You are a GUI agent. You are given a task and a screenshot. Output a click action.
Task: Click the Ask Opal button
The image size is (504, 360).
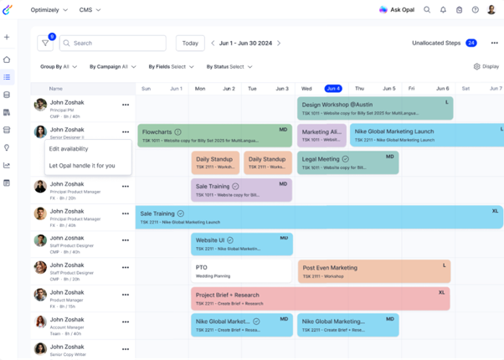397,10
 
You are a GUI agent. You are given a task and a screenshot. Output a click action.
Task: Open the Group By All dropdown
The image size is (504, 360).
59,67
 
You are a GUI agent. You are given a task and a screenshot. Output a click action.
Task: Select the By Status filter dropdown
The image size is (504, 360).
229,67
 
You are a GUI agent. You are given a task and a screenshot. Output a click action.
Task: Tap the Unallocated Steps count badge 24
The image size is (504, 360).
471,43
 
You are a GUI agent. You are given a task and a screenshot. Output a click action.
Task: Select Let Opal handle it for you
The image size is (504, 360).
82,166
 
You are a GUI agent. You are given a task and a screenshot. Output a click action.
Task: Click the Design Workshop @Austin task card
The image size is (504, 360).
374,109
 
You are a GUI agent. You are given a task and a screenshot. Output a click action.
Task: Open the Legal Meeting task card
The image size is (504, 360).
347,162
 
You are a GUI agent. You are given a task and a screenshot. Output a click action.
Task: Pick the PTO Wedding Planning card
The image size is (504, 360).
241,271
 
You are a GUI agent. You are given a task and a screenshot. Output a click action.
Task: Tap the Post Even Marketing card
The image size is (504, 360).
373,271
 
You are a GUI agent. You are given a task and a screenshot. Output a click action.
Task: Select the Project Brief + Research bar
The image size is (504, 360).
320,298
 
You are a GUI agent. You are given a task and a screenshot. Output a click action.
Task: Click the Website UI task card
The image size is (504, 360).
241,244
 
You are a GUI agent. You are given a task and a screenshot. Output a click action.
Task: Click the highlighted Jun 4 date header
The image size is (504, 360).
333,88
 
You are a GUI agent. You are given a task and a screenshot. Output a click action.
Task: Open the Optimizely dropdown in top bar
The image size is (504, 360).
49,10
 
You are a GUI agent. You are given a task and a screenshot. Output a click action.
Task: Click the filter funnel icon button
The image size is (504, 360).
45,43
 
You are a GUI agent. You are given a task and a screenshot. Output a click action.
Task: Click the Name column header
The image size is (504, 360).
56,88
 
